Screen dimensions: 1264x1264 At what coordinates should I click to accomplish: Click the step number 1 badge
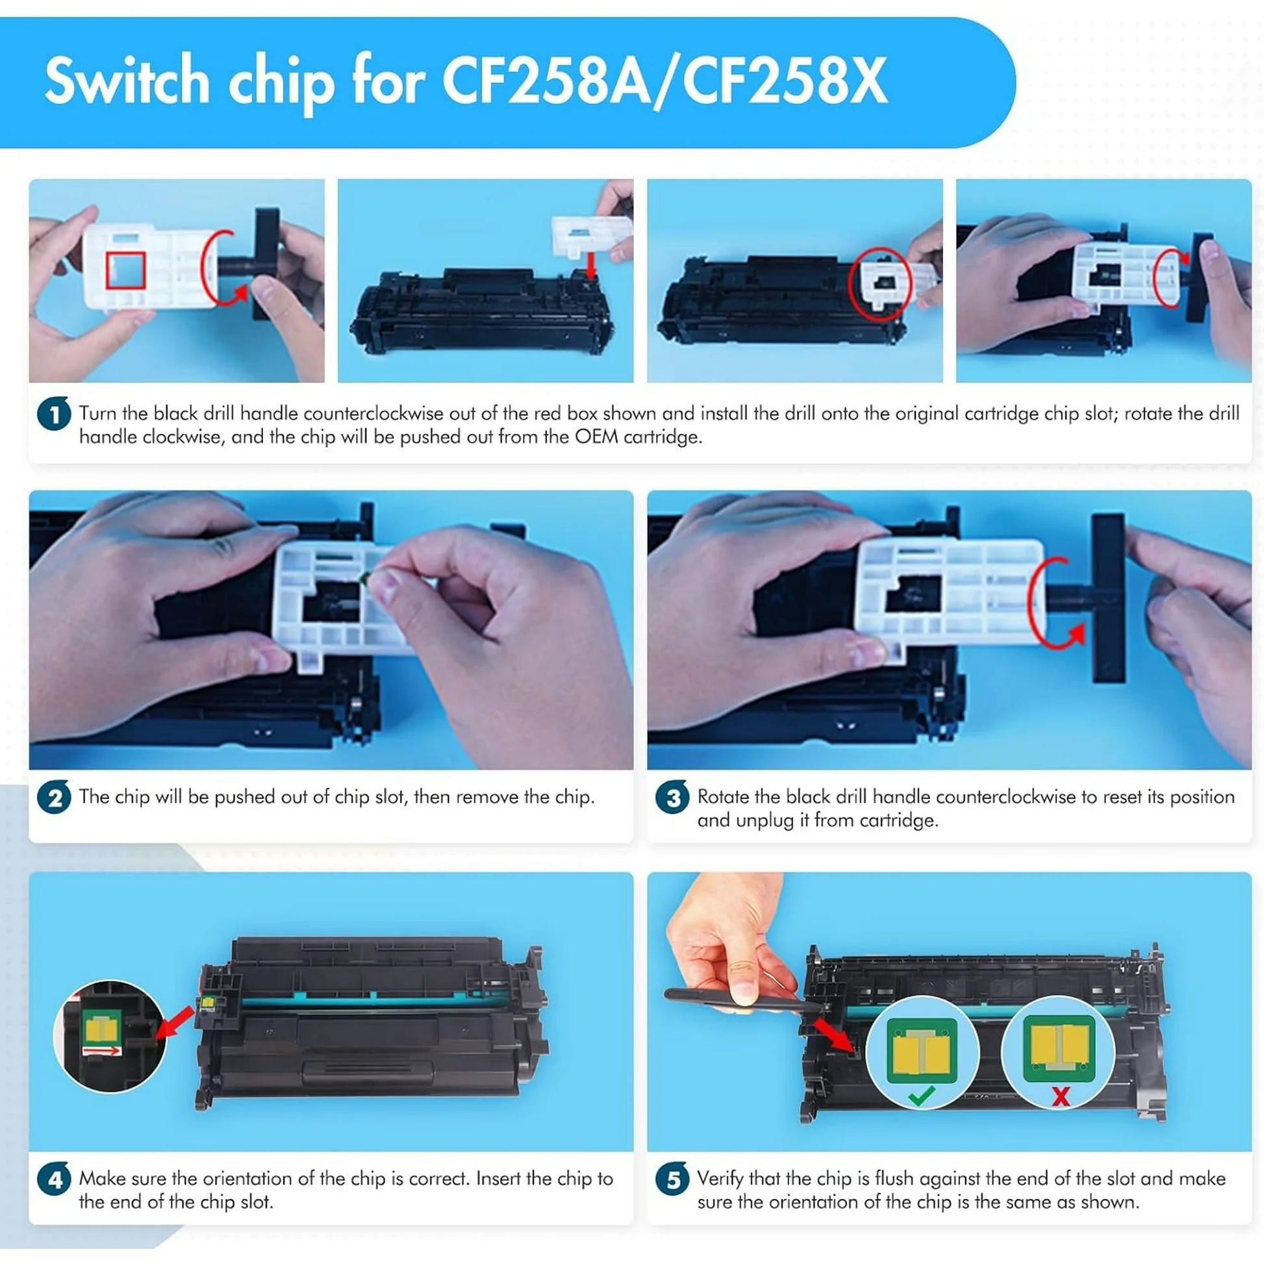(54, 414)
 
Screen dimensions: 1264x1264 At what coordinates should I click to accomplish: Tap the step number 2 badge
(54, 798)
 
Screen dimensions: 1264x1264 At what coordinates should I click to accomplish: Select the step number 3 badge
(672, 798)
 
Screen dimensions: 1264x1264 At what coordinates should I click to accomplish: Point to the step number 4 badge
(54, 1180)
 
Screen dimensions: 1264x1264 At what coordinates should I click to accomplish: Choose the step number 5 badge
(672, 1180)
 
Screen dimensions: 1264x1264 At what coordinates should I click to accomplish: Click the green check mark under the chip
(921, 1096)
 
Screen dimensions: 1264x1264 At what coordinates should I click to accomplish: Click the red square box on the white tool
(125, 270)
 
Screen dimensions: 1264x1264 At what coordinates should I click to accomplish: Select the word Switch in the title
(127, 81)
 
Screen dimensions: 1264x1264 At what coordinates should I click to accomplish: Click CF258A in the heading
(546, 81)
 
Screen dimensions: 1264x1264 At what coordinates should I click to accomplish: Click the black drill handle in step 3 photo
(1107, 597)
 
